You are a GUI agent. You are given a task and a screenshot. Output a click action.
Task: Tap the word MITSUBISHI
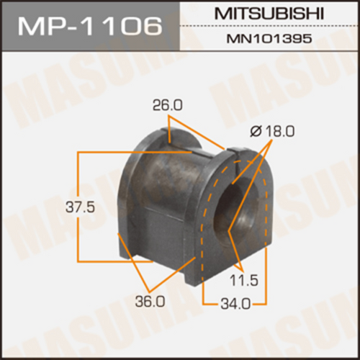tap(269, 14)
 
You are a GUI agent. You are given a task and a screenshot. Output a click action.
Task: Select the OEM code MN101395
tap(269, 38)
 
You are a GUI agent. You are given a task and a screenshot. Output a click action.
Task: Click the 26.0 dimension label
tap(168, 106)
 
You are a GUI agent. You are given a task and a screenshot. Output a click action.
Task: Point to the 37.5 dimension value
tap(81, 207)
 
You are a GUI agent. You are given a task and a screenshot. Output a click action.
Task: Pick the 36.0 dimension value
tap(150, 301)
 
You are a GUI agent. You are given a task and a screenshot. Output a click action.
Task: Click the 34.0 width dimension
tap(235, 305)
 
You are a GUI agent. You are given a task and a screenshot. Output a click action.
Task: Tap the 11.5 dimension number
tap(243, 280)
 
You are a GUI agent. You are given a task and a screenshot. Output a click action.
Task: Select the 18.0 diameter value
tap(279, 131)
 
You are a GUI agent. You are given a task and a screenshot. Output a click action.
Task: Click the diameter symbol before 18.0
tap(256, 132)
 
